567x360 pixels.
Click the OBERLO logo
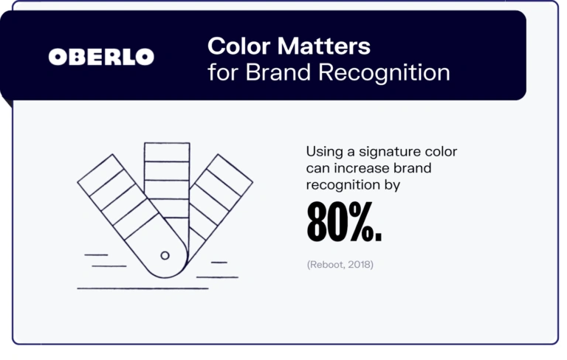pyautogui.click(x=101, y=57)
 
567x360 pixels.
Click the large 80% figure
pyautogui.click(x=344, y=224)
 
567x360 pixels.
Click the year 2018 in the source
pyautogui.click(x=360, y=263)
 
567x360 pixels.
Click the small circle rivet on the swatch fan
pyautogui.click(x=165, y=255)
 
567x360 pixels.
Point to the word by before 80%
pyautogui.click(x=391, y=186)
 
